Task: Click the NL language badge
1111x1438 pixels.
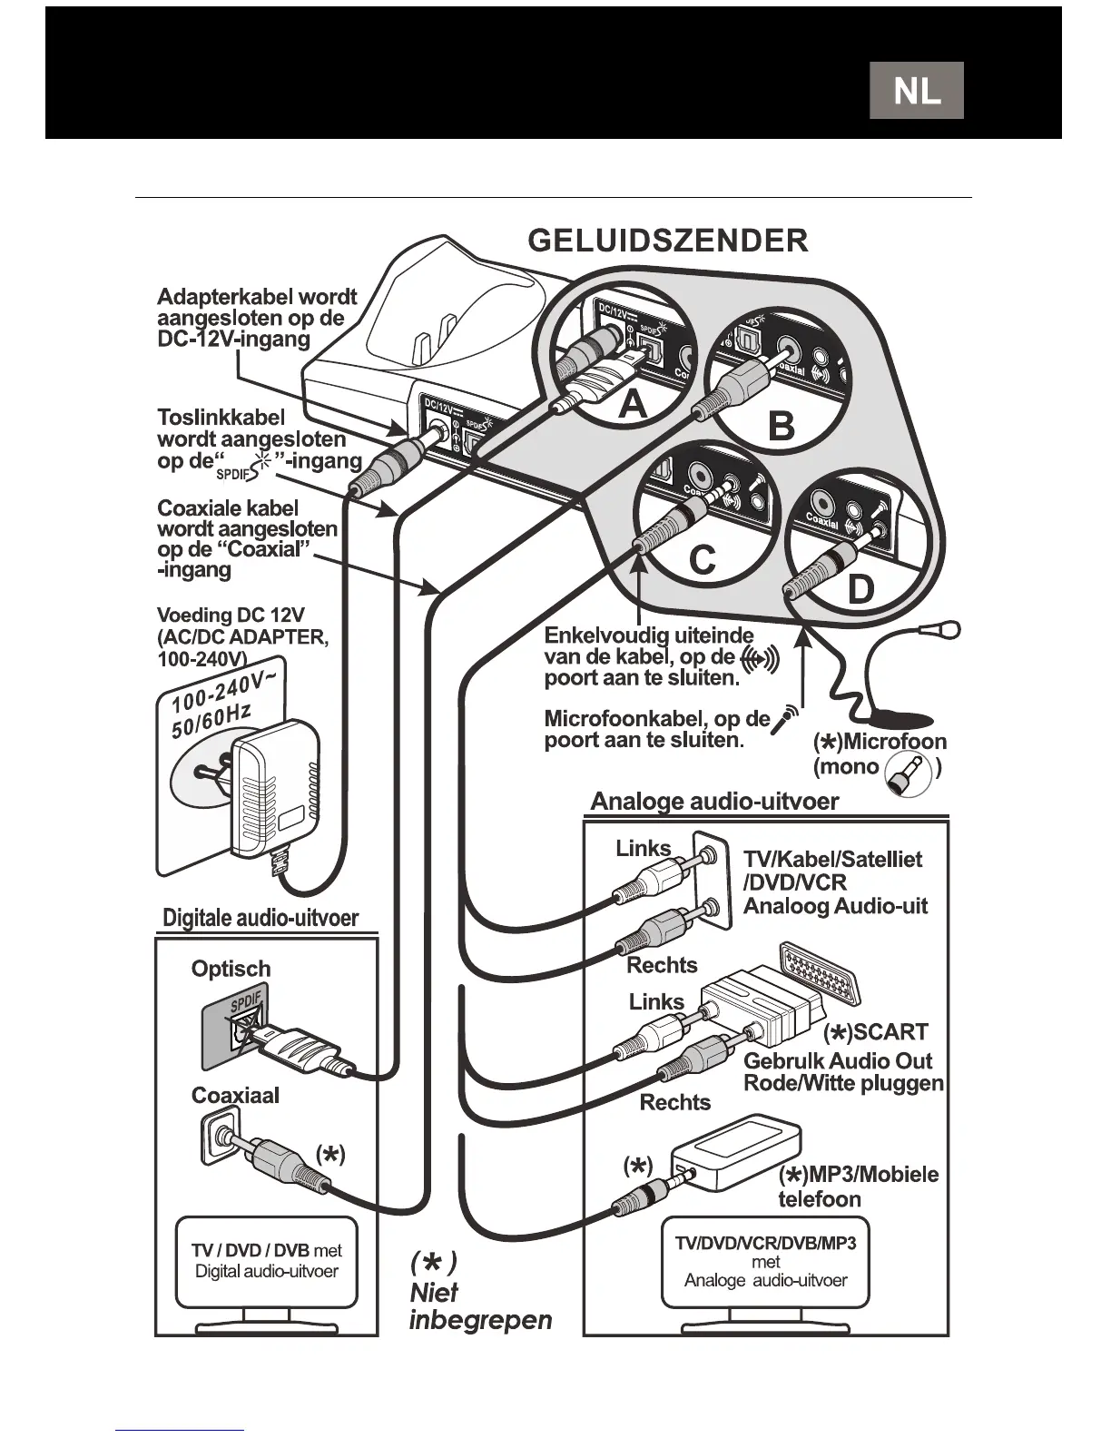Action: tap(916, 91)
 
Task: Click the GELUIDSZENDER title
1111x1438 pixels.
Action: tap(667, 241)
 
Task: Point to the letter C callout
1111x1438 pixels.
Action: tap(702, 560)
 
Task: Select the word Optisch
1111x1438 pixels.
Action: tap(231, 969)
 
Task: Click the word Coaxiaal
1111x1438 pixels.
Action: tap(235, 1095)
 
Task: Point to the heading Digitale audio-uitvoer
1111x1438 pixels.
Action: tap(261, 917)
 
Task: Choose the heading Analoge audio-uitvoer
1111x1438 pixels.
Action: tap(714, 801)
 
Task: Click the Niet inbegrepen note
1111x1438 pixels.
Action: tap(479, 1294)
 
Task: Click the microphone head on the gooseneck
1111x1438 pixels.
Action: tap(948, 627)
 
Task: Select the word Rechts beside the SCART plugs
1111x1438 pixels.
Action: tap(675, 1102)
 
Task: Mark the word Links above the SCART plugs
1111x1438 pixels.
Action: tap(656, 1001)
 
